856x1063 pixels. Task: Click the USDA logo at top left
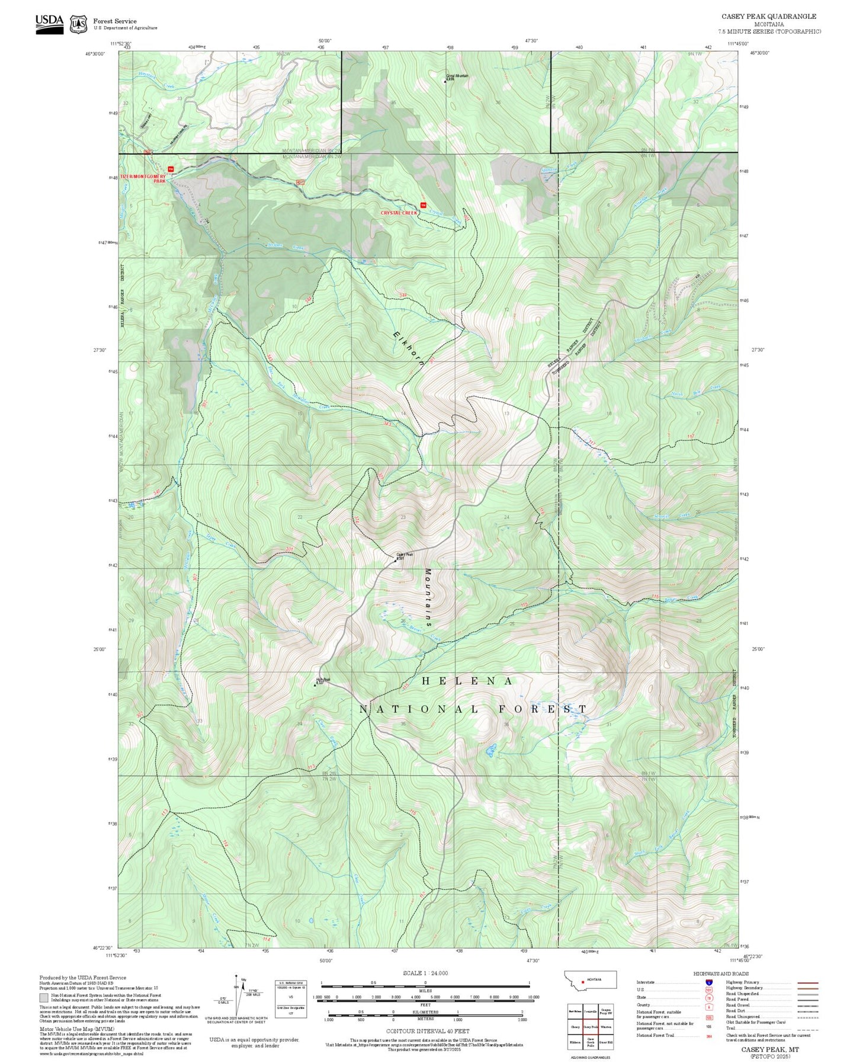(49, 24)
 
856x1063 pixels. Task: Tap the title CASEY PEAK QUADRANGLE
(768, 17)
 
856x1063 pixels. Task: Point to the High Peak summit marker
(315, 685)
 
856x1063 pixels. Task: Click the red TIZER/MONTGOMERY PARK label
(143, 178)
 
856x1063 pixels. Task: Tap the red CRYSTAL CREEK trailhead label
(399, 213)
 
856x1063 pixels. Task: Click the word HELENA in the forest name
(467, 681)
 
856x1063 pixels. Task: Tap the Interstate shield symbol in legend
(709, 982)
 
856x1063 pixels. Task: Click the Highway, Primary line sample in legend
(807, 982)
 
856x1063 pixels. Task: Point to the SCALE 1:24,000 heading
(425, 973)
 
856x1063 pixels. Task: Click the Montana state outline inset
(591, 979)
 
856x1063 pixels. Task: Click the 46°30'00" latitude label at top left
(95, 54)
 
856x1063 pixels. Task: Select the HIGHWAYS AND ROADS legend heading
(721, 974)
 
